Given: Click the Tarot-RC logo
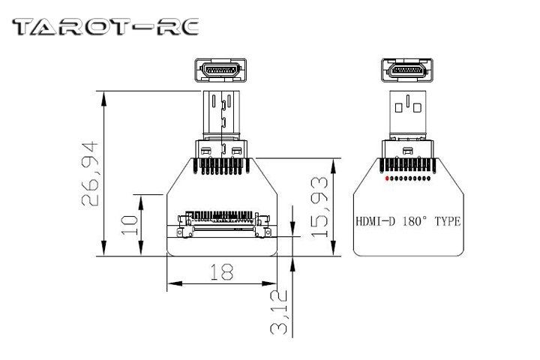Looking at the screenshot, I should coord(106,28).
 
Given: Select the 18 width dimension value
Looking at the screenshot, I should coord(220,272).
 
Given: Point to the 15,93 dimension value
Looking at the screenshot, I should coord(320,207).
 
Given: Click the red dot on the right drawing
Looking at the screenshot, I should coord(386,179).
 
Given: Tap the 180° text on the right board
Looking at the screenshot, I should coord(416,221).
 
